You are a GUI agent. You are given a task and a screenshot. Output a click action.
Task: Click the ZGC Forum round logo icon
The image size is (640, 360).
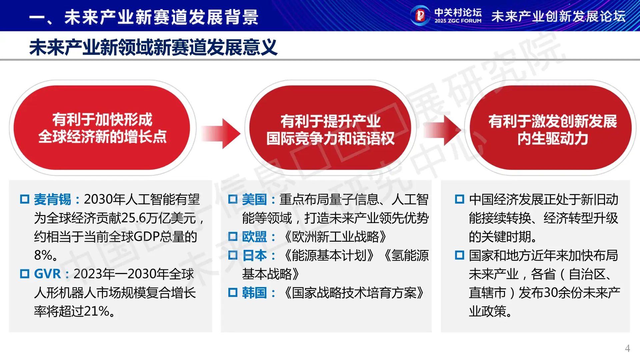pos(420,15)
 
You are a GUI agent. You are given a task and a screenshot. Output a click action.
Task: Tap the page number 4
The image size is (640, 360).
pos(627,348)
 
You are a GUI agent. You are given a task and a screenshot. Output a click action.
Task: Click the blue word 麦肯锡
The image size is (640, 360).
pos(52,199)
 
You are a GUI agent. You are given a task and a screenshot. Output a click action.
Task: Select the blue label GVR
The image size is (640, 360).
pos(47,274)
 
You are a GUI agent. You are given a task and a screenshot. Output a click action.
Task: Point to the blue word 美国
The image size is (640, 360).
pos(254,199)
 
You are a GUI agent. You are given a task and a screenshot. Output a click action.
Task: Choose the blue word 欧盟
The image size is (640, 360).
pos(254,237)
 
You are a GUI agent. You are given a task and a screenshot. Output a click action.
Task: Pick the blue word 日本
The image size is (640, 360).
pos(254,255)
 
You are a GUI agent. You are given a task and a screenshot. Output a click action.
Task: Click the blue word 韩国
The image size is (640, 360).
pos(254,293)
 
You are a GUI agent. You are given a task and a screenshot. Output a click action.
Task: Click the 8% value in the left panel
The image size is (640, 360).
pos(43,255)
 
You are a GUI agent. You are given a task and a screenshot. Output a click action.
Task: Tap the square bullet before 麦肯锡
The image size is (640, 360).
pos(25,199)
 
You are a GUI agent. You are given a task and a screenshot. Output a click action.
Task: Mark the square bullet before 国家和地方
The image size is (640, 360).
pos(460,255)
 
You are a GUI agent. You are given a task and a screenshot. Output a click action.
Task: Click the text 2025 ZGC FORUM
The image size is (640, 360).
pos(458,21)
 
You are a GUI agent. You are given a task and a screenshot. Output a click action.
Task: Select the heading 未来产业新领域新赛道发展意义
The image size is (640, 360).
pos(153,47)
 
